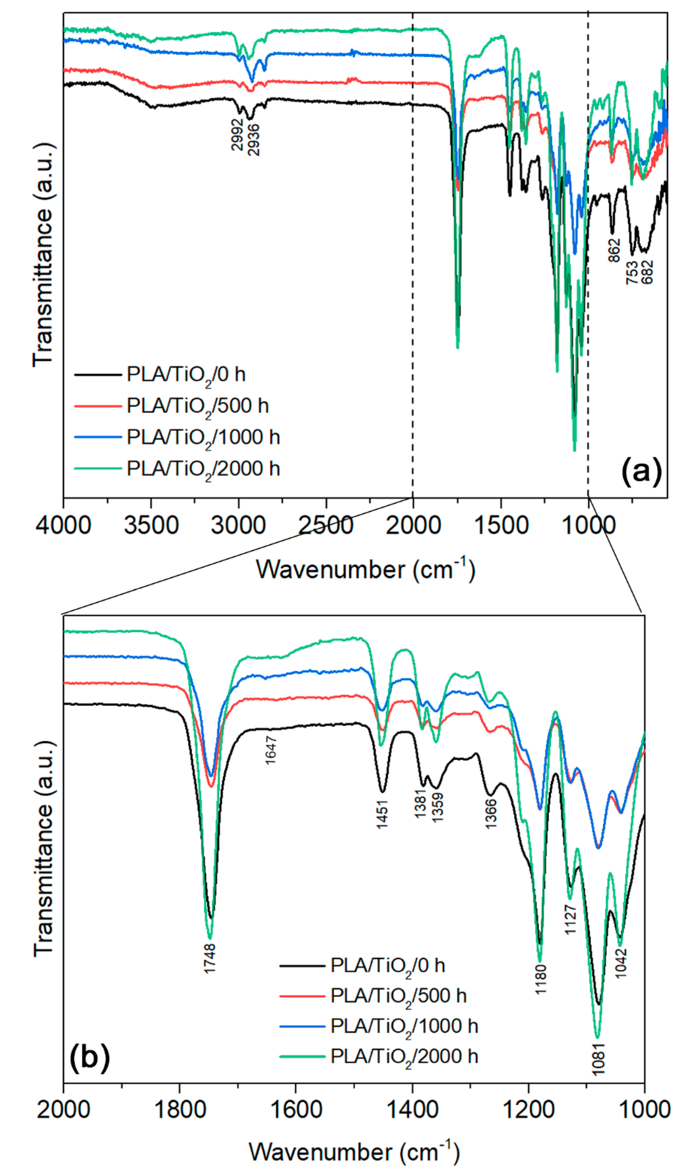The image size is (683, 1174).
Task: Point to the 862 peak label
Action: [614, 250]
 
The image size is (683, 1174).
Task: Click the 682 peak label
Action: [647, 273]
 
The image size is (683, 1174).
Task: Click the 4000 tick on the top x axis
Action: [64, 525]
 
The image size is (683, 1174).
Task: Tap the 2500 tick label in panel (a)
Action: [326, 525]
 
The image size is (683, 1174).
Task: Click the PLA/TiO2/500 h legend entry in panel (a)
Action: [197, 406]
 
